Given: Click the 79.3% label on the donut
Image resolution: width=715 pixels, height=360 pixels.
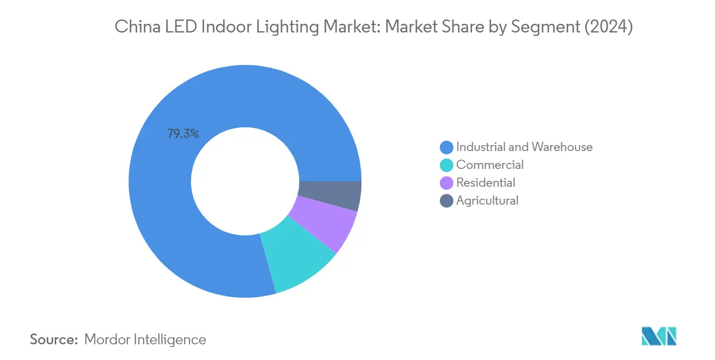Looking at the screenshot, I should (x=183, y=134).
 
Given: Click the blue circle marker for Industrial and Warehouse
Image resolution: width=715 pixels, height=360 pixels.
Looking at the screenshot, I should (x=447, y=147).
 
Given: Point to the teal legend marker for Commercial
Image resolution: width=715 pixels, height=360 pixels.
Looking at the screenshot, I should (x=447, y=165).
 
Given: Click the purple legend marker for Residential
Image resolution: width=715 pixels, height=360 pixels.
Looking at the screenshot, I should (x=447, y=183).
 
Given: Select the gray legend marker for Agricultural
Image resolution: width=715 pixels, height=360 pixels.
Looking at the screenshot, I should (x=447, y=201).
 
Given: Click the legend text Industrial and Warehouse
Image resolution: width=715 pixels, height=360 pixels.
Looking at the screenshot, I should (x=524, y=147).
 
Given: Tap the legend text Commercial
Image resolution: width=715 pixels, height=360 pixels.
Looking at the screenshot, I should (x=490, y=165).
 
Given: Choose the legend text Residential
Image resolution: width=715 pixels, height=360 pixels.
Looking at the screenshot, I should (x=485, y=182).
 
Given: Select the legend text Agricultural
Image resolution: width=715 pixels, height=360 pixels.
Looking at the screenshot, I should (x=487, y=200).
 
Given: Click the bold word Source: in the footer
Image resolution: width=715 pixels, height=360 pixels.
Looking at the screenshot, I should (x=54, y=339).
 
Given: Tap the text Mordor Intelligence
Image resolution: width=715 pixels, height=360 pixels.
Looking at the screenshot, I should (x=145, y=339).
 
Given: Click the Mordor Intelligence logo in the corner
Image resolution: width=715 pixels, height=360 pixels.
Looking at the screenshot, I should (x=659, y=336).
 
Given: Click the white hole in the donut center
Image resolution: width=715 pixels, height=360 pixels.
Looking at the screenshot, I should (x=245, y=181).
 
